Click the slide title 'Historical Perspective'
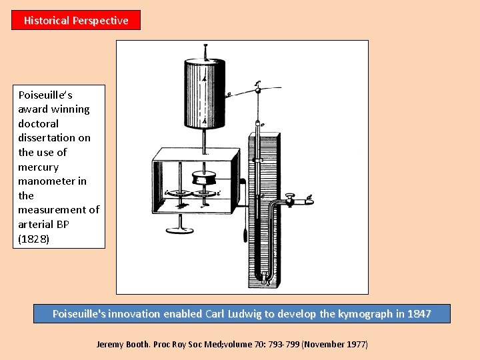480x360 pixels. (76, 21)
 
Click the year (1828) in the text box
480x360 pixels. (33, 239)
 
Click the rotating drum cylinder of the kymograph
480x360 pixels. (205, 93)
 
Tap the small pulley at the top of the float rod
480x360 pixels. (257, 87)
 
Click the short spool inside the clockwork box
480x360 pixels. (203, 179)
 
